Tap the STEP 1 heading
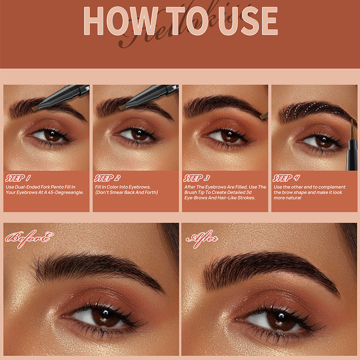tap(18, 178)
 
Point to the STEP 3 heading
tap(196, 178)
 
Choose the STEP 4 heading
tap(286, 178)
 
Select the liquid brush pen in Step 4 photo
tap(351, 144)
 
